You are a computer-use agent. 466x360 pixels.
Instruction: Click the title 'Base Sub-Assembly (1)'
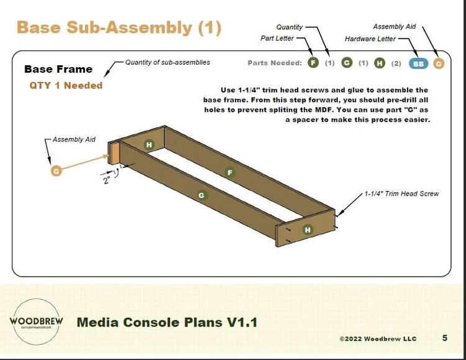coord(119,27)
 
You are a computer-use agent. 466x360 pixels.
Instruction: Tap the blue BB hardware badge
coord(419,63)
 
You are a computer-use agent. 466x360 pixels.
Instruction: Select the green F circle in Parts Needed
coord(314,63)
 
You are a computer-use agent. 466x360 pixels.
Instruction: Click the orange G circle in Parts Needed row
coord(439,63)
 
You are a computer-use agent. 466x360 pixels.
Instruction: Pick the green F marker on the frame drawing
coord(231,172)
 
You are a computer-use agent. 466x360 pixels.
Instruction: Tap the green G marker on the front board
coord(201,195)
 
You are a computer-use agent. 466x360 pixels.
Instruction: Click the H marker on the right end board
coord(307,229)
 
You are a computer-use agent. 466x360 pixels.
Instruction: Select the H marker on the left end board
coord(149,145)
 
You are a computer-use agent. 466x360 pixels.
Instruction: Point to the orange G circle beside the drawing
coord(56,170)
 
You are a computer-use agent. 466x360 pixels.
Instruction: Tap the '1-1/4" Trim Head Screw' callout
coord(401,194)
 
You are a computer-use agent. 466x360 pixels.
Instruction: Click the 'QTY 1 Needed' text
coord(66,85)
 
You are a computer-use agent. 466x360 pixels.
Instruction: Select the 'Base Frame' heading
coord(58,69)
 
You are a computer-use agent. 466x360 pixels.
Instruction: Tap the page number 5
coord(445,338)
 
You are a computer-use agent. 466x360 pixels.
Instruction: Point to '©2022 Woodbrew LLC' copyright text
coord(378,339)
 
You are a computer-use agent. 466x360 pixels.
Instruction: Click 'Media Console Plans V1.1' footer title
coord(167,322)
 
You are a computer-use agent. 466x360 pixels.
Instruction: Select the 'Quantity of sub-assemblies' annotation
coord(168,62)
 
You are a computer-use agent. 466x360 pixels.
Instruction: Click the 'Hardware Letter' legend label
coord(370,39)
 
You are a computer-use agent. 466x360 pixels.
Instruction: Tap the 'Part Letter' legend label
coord(277,39)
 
